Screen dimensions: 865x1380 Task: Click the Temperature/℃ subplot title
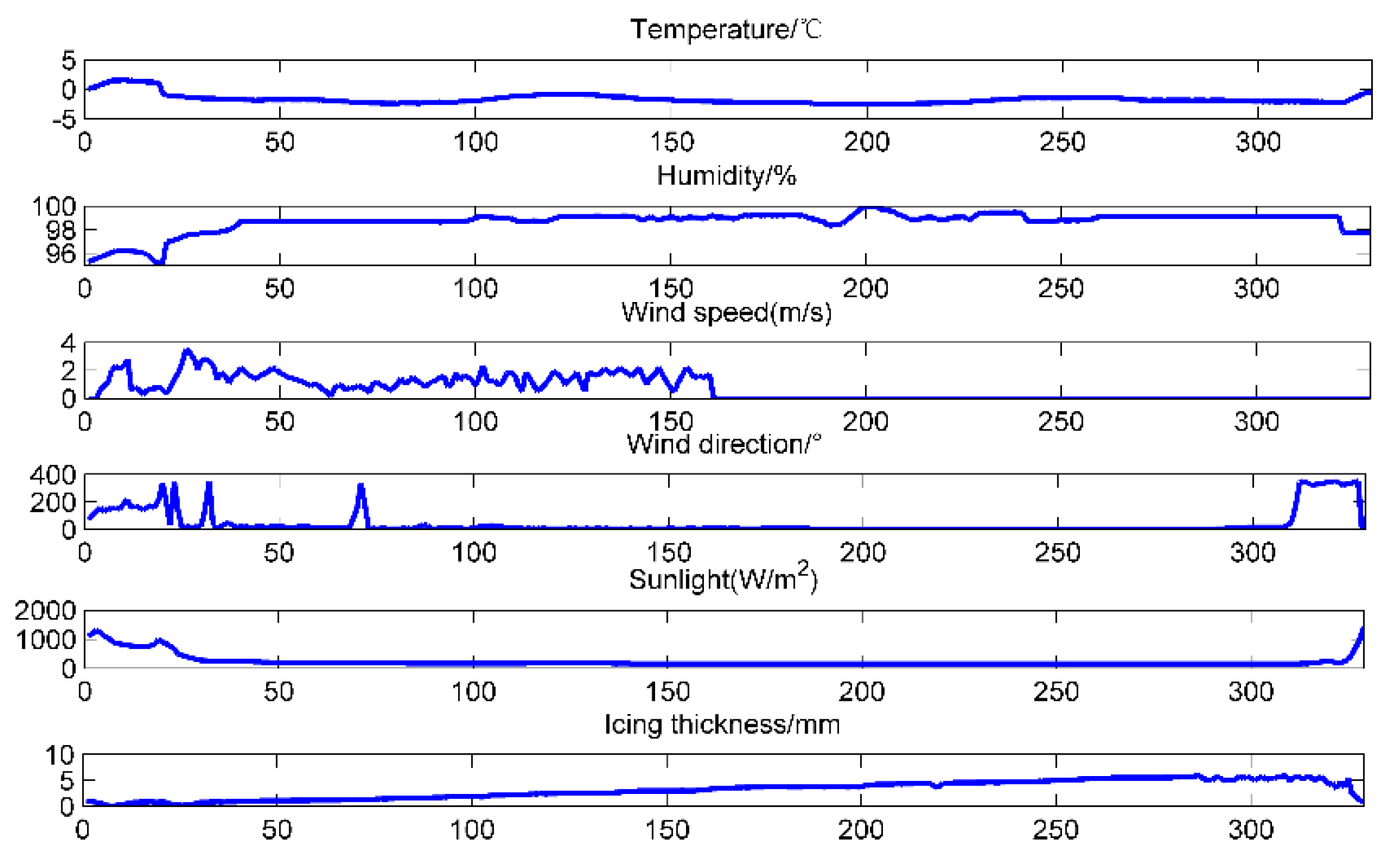coord(725,29)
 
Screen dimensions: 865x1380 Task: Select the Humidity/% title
coord(725,176)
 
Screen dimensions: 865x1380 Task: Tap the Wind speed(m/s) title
coord(725,312)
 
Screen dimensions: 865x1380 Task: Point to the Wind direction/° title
coord(723,444)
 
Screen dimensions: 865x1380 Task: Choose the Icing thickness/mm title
coord(722,724)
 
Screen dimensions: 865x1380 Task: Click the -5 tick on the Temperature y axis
coord(64,121)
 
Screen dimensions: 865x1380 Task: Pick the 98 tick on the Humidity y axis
coord(61,230)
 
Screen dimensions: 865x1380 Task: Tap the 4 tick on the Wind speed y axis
coord(69,343)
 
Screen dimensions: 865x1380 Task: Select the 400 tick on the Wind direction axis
coord(53,475)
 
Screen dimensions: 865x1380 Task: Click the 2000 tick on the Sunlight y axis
coord(45,610)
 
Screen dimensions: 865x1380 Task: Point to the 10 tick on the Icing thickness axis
coord(60,755)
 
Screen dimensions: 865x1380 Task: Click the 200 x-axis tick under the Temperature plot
coord(866,142)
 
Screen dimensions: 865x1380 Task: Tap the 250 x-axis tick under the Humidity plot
coord(1061,289)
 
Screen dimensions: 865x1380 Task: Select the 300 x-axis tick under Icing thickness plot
coord(1251,830)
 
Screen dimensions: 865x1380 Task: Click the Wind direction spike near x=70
coord(361,486)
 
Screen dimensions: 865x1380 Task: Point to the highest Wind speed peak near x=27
coord(187,350)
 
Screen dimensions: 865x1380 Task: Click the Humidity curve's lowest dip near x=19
coord(159,262)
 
